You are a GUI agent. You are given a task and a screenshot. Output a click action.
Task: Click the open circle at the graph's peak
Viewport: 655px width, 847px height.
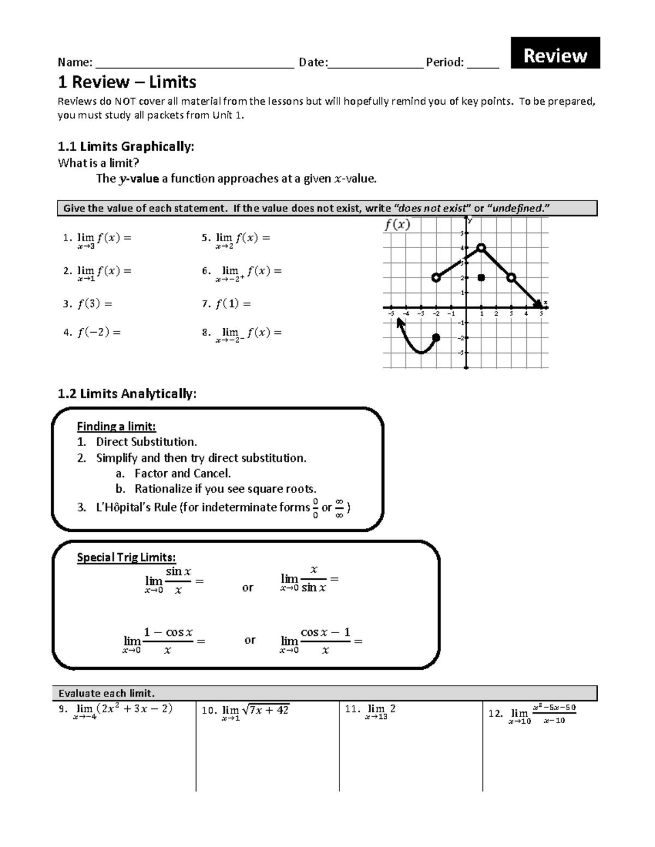[481, 248]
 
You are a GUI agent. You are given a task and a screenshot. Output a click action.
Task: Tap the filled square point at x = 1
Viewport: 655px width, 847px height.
[481, 278]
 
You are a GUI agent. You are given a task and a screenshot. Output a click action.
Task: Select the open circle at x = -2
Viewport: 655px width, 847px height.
[436, 278]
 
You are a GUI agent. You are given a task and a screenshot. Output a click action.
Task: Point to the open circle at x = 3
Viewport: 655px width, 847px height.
[511, 278]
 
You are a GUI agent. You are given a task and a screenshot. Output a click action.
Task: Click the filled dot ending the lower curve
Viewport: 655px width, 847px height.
[436, 338]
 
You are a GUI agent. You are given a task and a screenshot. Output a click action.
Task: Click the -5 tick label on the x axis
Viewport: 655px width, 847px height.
[391, 314]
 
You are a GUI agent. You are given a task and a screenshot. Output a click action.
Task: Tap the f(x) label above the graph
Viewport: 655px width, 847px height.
[397, 225]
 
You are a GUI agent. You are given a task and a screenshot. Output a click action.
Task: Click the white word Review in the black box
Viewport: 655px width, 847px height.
[555, 56]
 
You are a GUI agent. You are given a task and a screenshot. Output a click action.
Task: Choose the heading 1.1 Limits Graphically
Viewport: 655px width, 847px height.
[126, 146]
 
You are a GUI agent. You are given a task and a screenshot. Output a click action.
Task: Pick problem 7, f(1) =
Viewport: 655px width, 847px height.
[226, 304]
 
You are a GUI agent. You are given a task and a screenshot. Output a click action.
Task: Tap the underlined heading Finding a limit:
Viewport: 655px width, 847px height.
[116, 426]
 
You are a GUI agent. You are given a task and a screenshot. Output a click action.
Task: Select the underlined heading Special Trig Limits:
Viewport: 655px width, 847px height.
[126, 557]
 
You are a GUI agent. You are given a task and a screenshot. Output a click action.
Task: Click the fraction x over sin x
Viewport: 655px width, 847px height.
[313, 579]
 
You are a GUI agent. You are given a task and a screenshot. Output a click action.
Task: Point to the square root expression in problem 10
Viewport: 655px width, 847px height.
[265, 710]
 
